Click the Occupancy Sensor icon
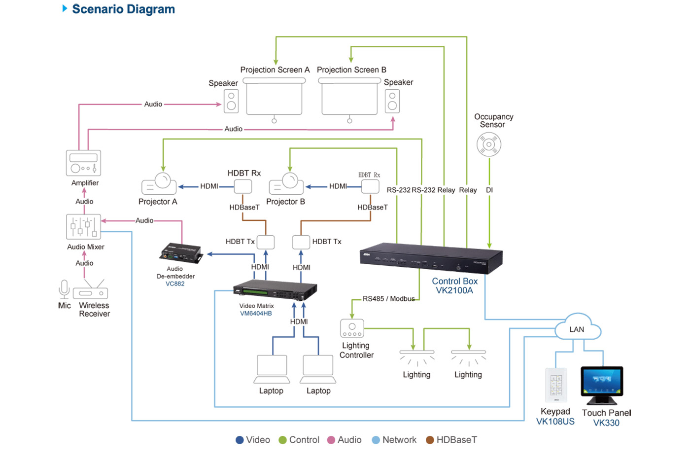[x=489, y=144]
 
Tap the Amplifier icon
[x=83, y=163]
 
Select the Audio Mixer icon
[x=83, y=226]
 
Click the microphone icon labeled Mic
[x=64, y=289]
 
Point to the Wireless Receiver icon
[x=91, y=290]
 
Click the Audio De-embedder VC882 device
[x=181, y=252]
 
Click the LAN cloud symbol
[x=577, y=328]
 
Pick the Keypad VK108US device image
[x=556, y=385]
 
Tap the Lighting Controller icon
[x=352, y=328]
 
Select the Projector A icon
[x=159, y=184]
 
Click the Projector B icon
[x=286, y=184]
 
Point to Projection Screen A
[x=274, y=98]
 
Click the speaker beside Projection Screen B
[x=392, y=101]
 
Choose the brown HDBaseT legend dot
[x=430, y=440]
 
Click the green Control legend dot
[x=282, y=440]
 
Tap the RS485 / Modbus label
[x=388, y=299]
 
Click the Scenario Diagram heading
[x=123, y=9]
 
